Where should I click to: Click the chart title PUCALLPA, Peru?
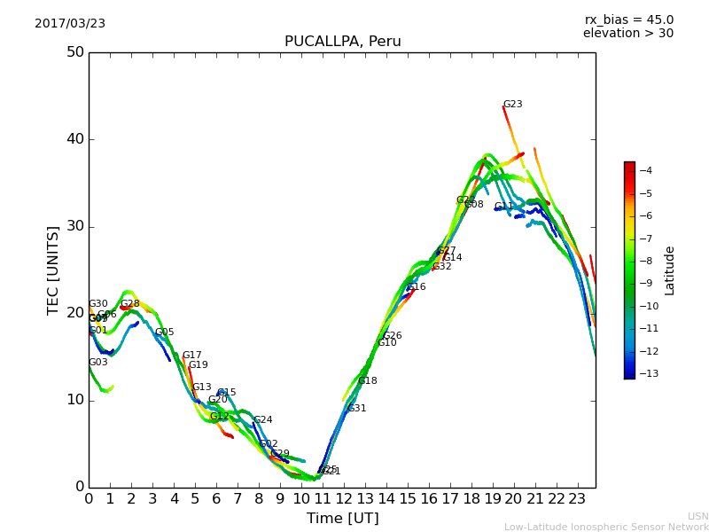point(342,42)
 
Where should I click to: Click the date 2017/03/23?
point(70,23)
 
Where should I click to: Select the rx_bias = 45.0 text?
point(628,20)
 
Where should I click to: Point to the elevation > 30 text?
point(627,34)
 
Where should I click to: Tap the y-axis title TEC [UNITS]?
point(53,270)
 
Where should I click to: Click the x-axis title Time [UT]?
point(342,519)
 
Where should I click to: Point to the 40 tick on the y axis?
point(74,139)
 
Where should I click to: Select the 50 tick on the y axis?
point(74,52)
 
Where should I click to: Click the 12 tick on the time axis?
point(344,499)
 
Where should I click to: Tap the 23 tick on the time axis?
point(577,499)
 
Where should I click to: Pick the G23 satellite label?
point(512,105)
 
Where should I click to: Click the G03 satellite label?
point(97,363)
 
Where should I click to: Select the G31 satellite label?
point(356,409)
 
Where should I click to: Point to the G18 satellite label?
point(367,381)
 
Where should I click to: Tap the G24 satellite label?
point(262,420)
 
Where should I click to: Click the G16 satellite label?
point(416,287)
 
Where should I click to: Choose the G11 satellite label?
point(503,207)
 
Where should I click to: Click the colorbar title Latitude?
point(670,270)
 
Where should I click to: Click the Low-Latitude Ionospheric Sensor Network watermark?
point(606,527)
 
